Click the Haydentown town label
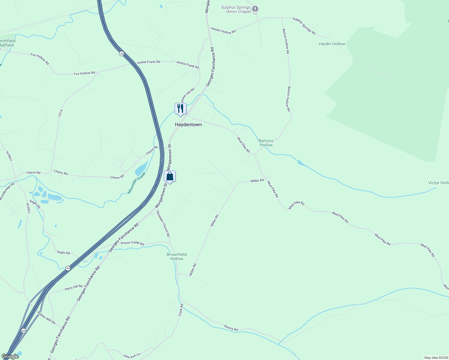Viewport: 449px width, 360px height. [188, 124]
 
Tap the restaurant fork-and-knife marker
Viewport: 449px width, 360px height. [180, 109]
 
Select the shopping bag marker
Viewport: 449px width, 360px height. [170, 176]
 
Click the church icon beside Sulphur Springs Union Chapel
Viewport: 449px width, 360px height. [255, 9]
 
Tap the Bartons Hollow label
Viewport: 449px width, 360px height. [266, 143]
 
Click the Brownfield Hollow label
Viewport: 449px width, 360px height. [176, 256]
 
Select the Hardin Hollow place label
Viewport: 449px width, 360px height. [332, 44]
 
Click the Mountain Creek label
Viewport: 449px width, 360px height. [137, 183]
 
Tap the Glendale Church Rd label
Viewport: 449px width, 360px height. [163, 223]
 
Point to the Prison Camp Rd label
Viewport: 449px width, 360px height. [132, 243]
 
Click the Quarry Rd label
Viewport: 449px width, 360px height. [231, 328]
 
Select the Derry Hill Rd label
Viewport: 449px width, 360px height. [74, 288]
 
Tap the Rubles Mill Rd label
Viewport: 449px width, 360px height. [47, 318]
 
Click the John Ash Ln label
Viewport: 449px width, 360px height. [131, 356]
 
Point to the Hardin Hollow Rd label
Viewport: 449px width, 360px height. [223, 30]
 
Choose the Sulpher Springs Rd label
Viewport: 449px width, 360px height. [304, 26]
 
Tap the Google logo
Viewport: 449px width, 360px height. [10, 356]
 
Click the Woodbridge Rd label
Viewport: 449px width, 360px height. [7, 191]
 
